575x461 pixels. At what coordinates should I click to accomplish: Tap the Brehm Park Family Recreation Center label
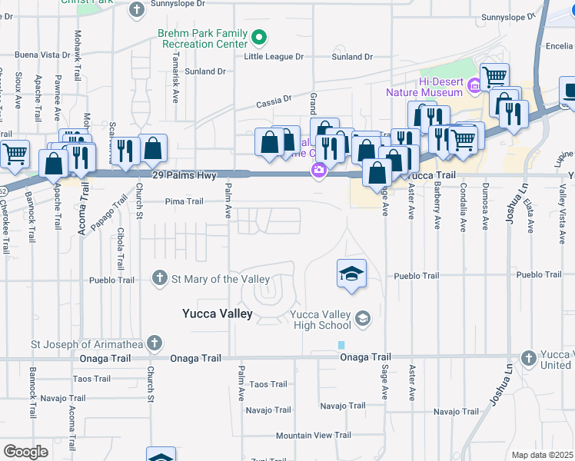click(x=203, y=38)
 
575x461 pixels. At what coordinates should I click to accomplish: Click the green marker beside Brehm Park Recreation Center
click(x=260, y=36)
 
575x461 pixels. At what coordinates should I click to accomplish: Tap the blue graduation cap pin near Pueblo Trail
click(x=351, y=274)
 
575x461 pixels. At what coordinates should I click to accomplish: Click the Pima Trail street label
click(x=184, y=202)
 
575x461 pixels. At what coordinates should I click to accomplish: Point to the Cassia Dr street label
click(x=274, y=100)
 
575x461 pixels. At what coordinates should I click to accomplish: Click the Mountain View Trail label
click(x=314, y=436)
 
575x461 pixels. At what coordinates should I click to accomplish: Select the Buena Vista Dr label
click(x=48, y=55)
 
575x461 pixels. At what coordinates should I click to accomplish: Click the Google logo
click(x=25, y=452)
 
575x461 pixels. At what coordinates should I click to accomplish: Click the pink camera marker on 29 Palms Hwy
click(x=317, y=170)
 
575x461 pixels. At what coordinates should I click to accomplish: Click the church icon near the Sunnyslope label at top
click(x=137, y=9)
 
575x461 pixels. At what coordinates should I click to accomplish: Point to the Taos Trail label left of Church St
click(x=91, y=379)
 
